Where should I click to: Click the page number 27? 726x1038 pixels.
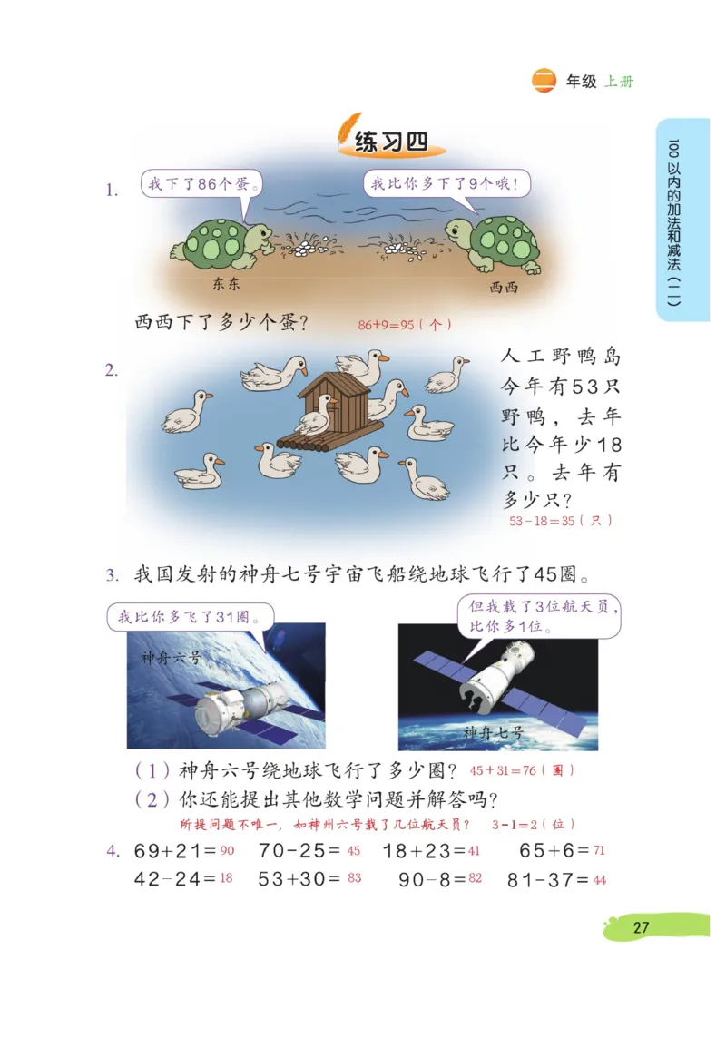point(642,927)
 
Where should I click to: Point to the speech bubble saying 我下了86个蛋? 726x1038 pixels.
point(203,184)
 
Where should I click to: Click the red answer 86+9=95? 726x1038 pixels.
point(404,324)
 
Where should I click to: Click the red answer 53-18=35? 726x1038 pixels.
point(560,521)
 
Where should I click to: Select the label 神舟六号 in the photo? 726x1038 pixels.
point(170,656)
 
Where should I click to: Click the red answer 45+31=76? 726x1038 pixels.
point(522,770)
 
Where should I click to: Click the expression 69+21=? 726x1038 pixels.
point(175,851)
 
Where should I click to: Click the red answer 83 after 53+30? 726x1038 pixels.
point(354,878)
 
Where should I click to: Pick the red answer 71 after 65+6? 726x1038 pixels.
point(599,851)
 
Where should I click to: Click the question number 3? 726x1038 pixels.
point(112,575)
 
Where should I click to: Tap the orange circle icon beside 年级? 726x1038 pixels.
point(544,81)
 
